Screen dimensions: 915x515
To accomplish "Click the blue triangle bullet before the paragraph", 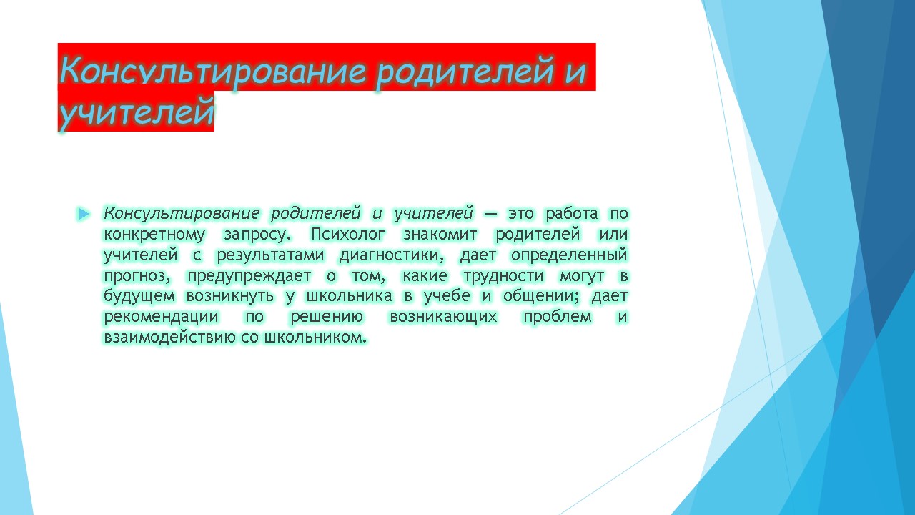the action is coord(84,214).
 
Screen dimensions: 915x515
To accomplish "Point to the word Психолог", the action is coord(347,235).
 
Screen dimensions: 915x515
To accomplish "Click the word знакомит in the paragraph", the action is coord(440,234).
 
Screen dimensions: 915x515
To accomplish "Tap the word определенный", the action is coord(569,255).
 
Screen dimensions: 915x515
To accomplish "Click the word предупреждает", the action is coord(249,276).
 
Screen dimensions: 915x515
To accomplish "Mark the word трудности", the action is coord(504,276).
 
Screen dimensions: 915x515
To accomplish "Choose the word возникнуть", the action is coord(229,296).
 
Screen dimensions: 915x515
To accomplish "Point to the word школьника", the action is coord(350,296).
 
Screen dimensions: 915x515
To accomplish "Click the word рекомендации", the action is coord(161,317).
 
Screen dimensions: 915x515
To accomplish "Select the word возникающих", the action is coord(444,317).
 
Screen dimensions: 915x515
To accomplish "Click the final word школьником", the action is coord(315,338).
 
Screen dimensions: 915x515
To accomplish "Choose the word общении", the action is coord(541,296).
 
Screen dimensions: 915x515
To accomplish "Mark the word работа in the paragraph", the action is coord(572,214).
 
